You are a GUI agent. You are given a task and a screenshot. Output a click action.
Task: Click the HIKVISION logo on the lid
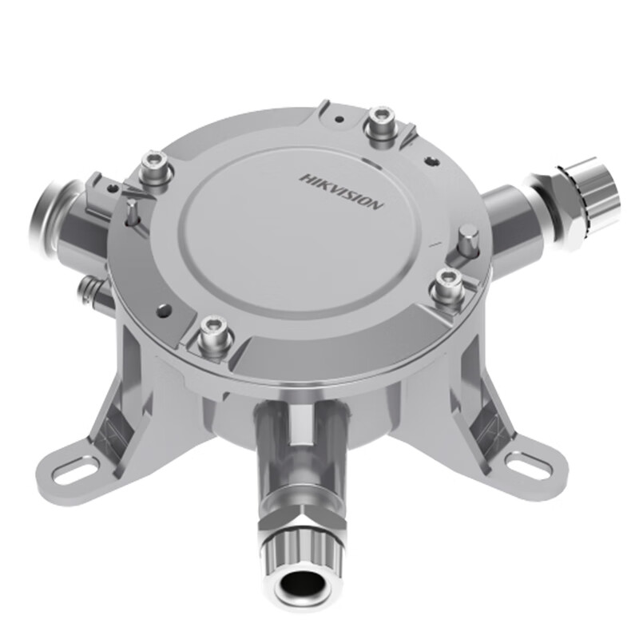pyautogui.click(x=342, y=190)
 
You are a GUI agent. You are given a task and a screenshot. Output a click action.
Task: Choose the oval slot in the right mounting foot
pyautogui.click(x=527, y=464)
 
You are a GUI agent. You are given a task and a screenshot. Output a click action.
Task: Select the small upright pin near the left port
pyautogui.click(x=130, y=212)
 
